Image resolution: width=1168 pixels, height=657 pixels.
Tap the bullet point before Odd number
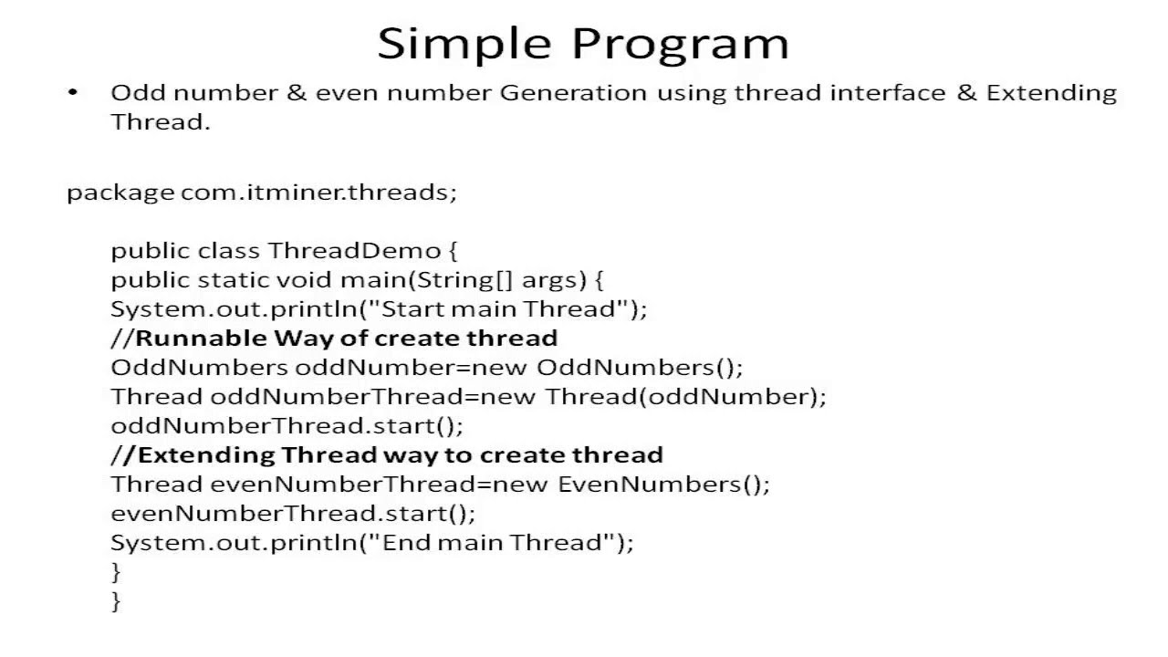73,92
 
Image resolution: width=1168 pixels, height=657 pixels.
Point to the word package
120,193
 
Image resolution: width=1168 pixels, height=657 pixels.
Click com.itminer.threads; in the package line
318,193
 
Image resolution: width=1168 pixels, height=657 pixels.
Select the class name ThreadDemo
354,251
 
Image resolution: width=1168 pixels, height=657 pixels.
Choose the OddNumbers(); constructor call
640,368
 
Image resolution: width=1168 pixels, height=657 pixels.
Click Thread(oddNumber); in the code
685,397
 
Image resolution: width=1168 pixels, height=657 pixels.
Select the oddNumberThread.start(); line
287,426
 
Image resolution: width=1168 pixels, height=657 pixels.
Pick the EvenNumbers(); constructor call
663,485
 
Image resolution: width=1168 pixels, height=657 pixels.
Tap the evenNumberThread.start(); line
293,514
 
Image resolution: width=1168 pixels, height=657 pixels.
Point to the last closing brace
116,600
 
